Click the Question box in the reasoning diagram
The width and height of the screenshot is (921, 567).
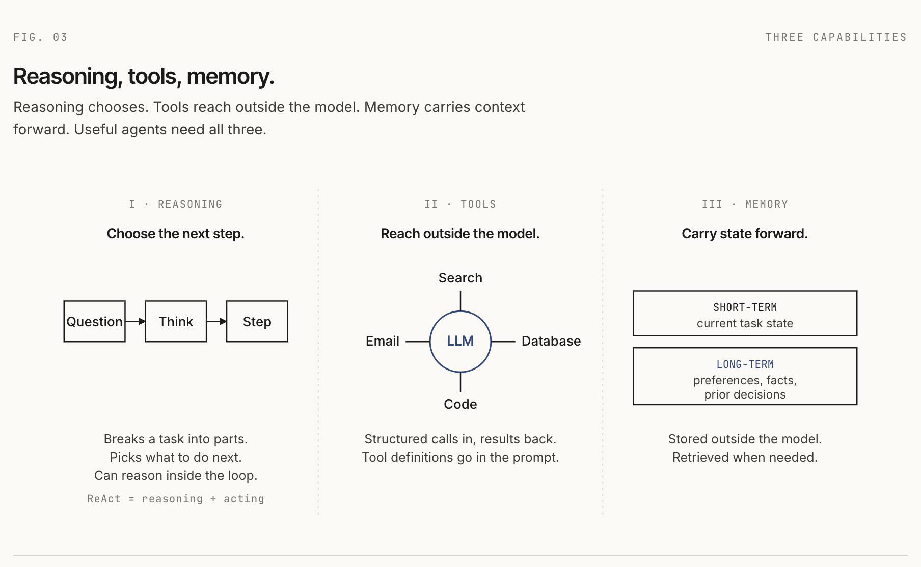94,321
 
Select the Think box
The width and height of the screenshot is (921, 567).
176,321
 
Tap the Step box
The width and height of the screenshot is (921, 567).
257,321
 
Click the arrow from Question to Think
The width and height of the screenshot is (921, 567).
136,321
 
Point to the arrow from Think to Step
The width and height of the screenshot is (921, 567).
216,321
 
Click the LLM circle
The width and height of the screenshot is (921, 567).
460,341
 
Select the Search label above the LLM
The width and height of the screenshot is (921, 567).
460,278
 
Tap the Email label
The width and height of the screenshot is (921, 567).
382,341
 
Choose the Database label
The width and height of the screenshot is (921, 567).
551,341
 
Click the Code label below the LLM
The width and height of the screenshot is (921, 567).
460,404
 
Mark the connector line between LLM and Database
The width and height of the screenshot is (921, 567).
503,341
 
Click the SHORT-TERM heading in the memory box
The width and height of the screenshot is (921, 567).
745,307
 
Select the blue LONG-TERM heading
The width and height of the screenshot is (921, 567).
745,364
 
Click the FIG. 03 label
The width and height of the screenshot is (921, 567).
40,37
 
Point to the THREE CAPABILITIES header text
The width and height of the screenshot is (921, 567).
835,37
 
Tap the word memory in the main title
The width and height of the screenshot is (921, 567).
230,76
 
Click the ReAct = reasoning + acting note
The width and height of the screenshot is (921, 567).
176,499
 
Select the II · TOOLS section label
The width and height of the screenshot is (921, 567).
460,204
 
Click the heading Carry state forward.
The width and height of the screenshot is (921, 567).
744,234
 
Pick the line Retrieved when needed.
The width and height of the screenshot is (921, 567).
744,457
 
